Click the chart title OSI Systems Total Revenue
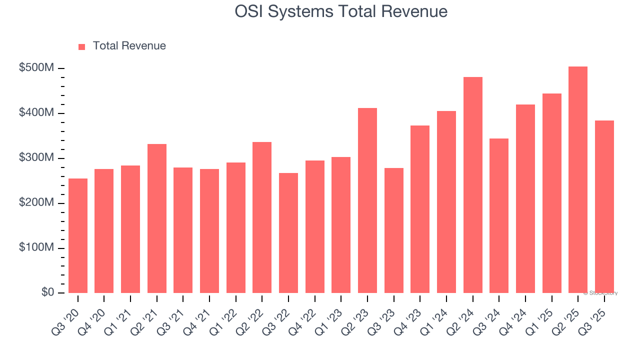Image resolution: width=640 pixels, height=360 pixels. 341,11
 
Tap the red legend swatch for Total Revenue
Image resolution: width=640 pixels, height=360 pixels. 82,46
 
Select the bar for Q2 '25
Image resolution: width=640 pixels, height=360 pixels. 578,180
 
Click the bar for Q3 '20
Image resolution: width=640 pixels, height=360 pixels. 78,235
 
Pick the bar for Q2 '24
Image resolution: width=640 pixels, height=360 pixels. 473,185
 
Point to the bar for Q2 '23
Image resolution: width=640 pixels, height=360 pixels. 367,200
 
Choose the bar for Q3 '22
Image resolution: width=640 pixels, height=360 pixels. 288,233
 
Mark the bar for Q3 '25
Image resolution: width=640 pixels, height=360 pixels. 604,206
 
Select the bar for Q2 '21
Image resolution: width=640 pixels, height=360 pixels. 157,218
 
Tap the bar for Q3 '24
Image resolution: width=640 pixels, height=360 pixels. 499,215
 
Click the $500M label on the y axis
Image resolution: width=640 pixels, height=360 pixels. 36,68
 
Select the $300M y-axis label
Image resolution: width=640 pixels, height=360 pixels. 36,158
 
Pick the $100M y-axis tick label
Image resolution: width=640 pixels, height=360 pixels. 36,248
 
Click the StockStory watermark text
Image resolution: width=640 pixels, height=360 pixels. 600,293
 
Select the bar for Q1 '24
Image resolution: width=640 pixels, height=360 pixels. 446,202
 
